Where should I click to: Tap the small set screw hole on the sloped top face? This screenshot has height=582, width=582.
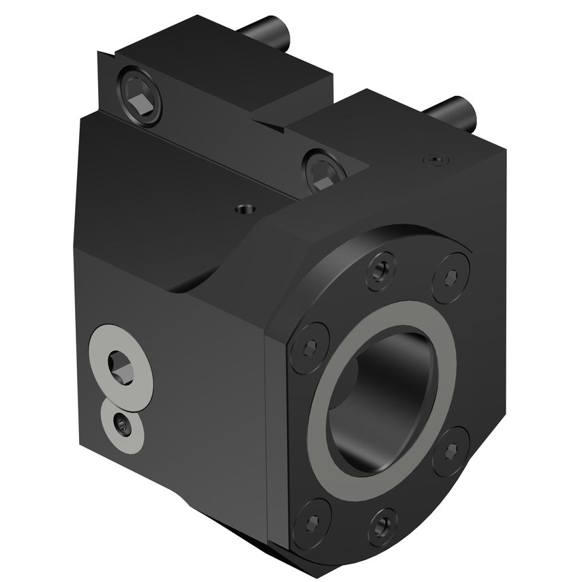pyautogui.click(x=243, y=208)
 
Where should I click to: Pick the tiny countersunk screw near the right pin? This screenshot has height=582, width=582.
pyautogui.click(x=436, y=159)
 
